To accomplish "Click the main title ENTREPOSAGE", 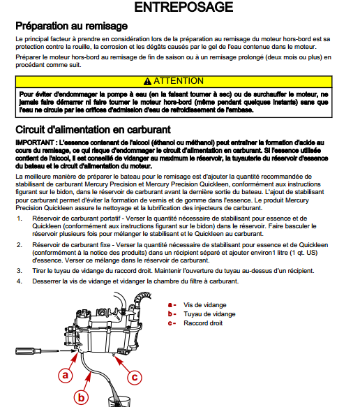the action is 183,7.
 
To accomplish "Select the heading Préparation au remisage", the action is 72,26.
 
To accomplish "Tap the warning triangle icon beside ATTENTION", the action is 147,81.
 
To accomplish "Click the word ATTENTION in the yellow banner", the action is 179,81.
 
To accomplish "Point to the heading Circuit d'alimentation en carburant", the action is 93,130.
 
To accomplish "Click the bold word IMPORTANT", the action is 35,142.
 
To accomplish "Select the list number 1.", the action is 20,219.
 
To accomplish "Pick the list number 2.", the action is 20,245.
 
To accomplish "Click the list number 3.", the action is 20,271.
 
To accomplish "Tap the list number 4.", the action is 20,281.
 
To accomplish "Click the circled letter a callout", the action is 65,375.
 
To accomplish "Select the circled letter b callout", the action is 81,397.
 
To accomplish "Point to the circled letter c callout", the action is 135,377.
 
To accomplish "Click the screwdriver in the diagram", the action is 38,351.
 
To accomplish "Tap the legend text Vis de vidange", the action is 205,305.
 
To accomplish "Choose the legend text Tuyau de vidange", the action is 209,314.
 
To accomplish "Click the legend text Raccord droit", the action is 203,323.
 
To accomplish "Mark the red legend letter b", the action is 170,314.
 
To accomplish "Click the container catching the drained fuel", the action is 119,401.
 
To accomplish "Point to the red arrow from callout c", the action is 122,364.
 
